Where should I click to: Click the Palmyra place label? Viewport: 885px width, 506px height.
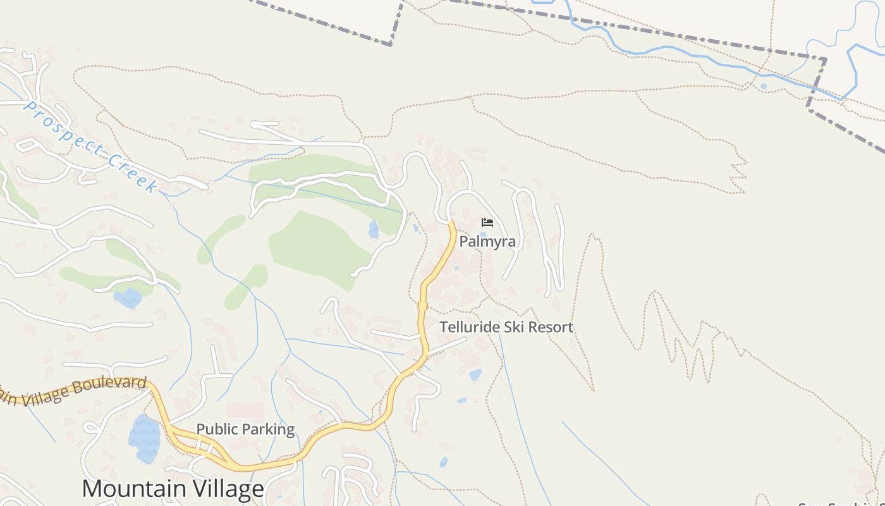tap(487, 241)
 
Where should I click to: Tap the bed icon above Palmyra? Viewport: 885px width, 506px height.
tap(487, 223)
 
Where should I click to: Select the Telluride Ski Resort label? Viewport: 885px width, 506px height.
tap(506, 327)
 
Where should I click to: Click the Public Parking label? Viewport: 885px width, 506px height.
tap(245, 429)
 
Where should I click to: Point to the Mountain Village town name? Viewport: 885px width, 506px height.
tap(173, 489)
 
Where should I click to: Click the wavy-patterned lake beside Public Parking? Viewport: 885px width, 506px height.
tap(145, 439)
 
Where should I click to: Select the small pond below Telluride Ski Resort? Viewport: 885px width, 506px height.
tap(475, 375)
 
